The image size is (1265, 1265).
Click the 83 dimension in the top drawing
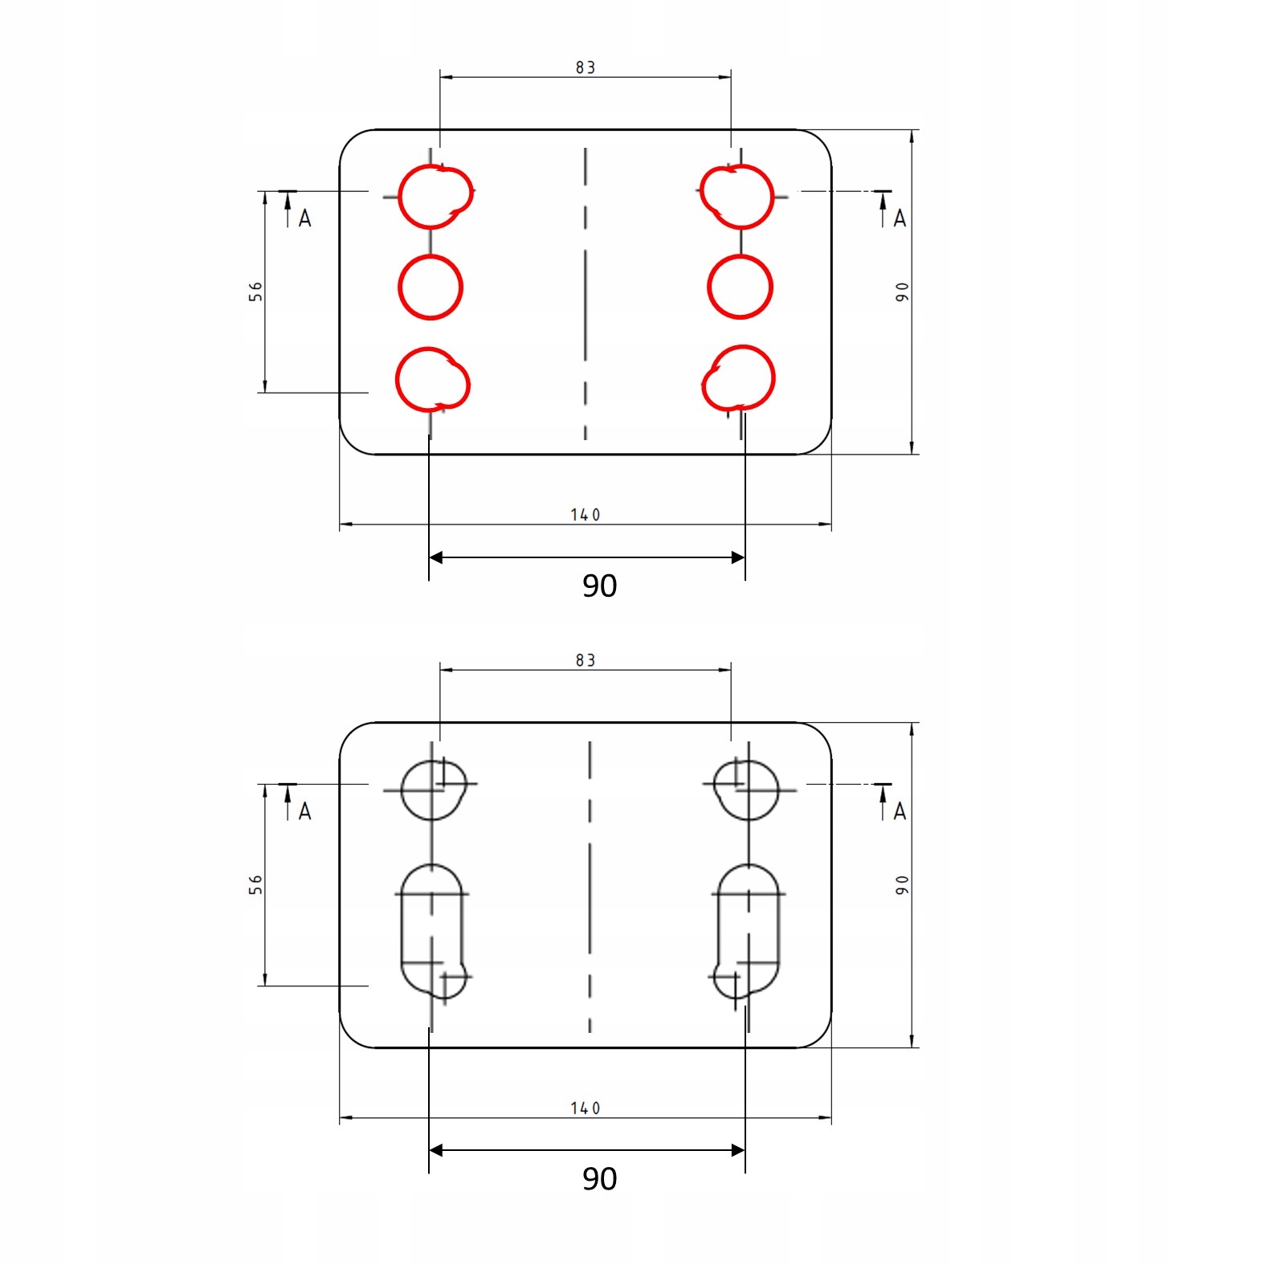click(x=586, y=67)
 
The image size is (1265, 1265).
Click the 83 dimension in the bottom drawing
click(x=586, y=660)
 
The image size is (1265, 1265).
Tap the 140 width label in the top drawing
click(x=586, y=515)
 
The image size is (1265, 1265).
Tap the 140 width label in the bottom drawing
click(x=586, y=1108)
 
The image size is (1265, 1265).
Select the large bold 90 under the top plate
click(x=599, y=586)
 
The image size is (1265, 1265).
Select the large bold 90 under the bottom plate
click(x=599, y=1178)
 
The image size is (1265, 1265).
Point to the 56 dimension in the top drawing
click(x=255, y=291)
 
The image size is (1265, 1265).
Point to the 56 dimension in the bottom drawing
click(x=255, y=884)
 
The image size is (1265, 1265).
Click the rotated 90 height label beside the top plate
click(x=902, y=292)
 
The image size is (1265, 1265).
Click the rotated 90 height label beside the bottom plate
click(x=902, y=885)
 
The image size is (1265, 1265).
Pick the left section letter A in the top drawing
click(x=304, y=218)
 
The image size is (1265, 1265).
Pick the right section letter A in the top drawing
click(x=900, y=218)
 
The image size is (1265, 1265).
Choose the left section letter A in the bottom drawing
click(x=304, y=811)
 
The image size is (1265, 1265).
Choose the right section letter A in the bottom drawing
click(x=900, y=811)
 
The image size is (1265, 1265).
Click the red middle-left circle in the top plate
click(x=431, y=288)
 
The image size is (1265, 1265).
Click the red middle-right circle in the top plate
click(x=740, y=288)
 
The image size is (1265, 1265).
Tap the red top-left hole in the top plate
click(x=435, y=197)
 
